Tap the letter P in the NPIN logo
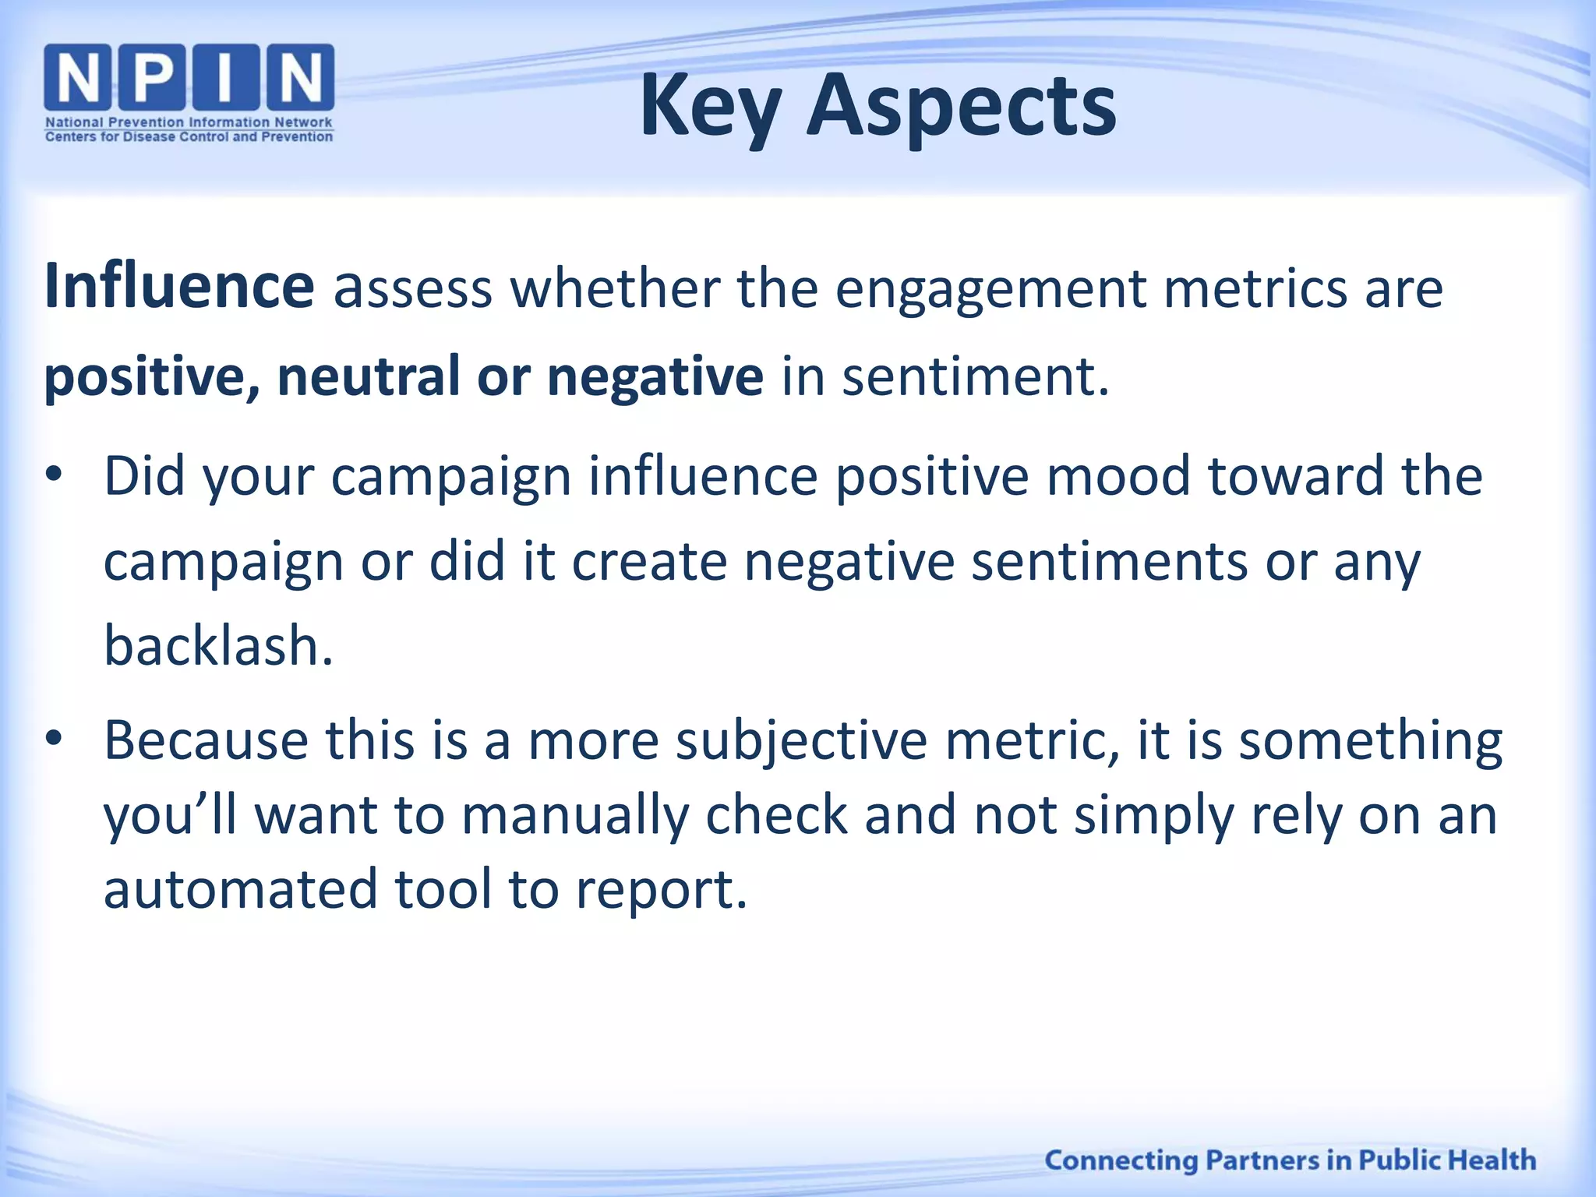[x=152, y=76]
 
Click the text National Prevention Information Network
[x=189, y=122]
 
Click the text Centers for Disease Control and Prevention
[x=189, y=137]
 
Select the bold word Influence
[x=179, y=287]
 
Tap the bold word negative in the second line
[x=655, y=376]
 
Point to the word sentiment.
[x=974, y=376]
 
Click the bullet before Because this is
[x=53, y=739]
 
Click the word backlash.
[x=218, y=646]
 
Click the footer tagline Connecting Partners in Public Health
[x=1290, y=1160]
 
